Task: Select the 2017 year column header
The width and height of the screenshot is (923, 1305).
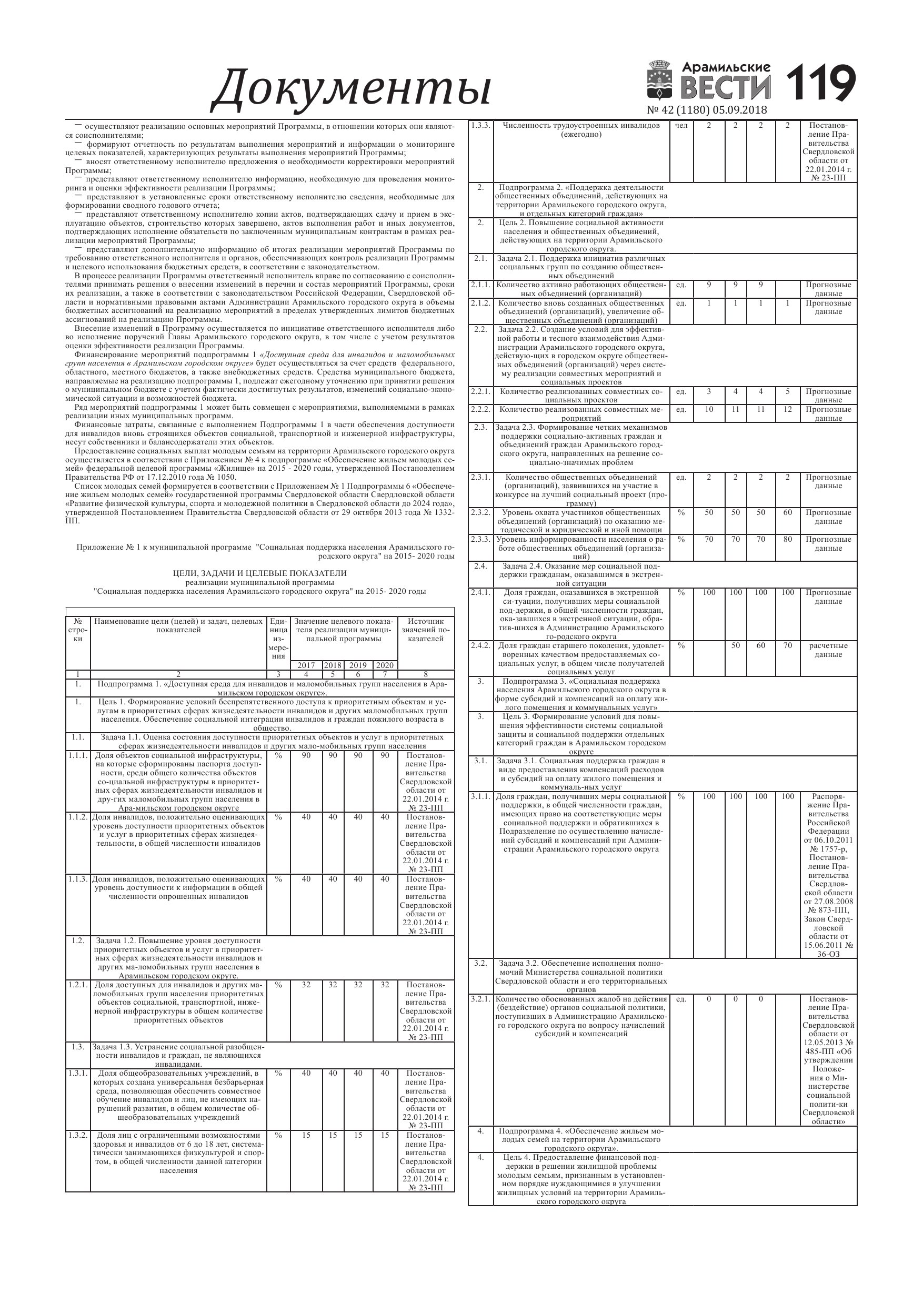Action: (306, 665)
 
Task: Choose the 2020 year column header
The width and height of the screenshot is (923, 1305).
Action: (385, 665)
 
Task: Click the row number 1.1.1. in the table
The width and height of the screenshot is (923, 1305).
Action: (78, 755)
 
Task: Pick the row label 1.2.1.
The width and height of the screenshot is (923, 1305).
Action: (78, 985)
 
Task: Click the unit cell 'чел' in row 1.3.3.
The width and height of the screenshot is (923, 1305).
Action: (681, 126)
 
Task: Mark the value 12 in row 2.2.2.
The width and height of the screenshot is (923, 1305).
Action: (787, 409)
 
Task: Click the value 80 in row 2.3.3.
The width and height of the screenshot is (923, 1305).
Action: (787, 539)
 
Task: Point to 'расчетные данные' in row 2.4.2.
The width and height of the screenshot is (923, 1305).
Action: (828, 650)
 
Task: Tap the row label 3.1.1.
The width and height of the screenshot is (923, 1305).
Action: (480, 796)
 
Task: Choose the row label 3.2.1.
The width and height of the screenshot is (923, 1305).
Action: (480, 999)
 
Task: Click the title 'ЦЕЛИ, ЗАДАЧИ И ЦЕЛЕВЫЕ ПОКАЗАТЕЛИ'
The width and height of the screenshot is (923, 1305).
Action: (259, 573)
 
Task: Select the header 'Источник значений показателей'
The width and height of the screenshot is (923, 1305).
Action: (425, 630)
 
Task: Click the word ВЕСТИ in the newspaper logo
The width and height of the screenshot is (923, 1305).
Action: (725, 87)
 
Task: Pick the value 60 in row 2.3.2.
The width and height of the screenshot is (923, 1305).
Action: (787, 513)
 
